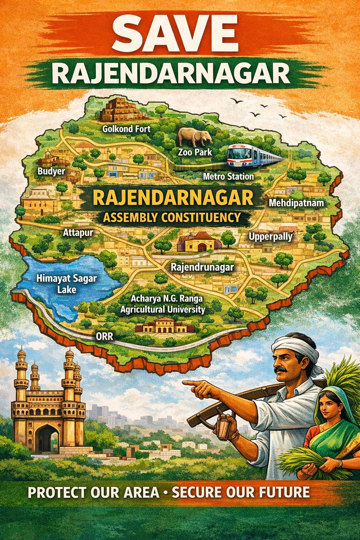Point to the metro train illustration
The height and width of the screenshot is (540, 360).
pyautogui.click(x=254, y=156)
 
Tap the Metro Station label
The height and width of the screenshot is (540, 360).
pyautogui.click(x=228, y=176)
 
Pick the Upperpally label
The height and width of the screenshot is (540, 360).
pyautogui.click(x=271, y=236)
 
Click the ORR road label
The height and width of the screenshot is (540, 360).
pyautogui.click(x=104, y=336)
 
